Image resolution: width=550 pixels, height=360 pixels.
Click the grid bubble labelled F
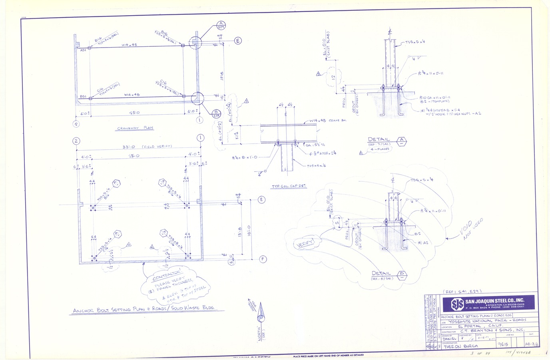(x=263, y=259)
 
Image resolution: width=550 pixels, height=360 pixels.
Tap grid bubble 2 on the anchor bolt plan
(x=75, y=141)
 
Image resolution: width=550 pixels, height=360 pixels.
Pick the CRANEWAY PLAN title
(x=135, y=128)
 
